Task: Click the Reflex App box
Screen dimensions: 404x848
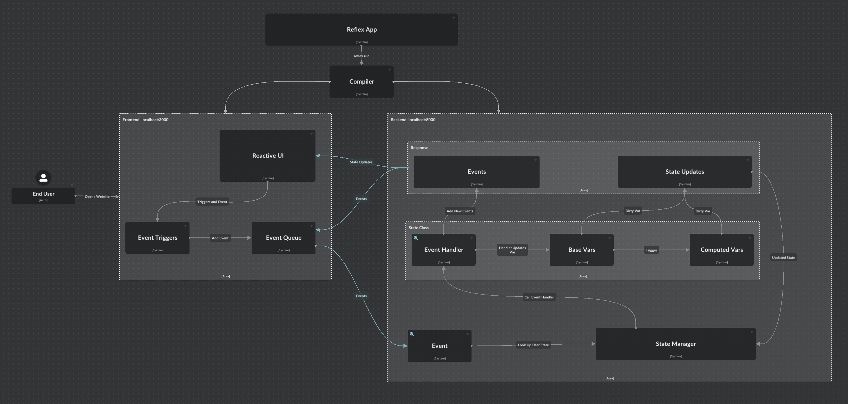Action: coord(362,29)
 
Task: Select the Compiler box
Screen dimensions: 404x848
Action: coord(362,81)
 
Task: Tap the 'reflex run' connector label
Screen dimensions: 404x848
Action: coord(362,56)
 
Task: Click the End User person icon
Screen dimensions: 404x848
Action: coord(44,178)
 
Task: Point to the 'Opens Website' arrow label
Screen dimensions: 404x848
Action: coord(97,197)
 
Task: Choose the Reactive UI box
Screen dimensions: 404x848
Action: coord(267,155)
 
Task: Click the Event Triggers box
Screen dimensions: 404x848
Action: coord(157,238)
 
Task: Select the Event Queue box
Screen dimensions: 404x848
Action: coord(283,238)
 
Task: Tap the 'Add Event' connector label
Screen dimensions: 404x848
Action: coord(220,238)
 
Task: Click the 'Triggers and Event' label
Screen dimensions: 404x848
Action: coord(212,202)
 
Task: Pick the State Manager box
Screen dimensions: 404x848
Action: coord(675,344)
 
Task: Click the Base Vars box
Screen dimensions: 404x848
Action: coord(581,250)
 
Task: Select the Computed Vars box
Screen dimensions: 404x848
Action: coord(721,250)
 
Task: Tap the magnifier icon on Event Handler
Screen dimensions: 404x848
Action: coord(416,238)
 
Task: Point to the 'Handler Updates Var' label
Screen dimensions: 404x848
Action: coord(512,250)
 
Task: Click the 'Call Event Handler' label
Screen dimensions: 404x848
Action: coord(539,297)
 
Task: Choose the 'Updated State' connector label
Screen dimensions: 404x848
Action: coord(783,257)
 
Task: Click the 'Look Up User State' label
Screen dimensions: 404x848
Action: coord(533,345)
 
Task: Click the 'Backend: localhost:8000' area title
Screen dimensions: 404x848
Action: coord(413,120)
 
